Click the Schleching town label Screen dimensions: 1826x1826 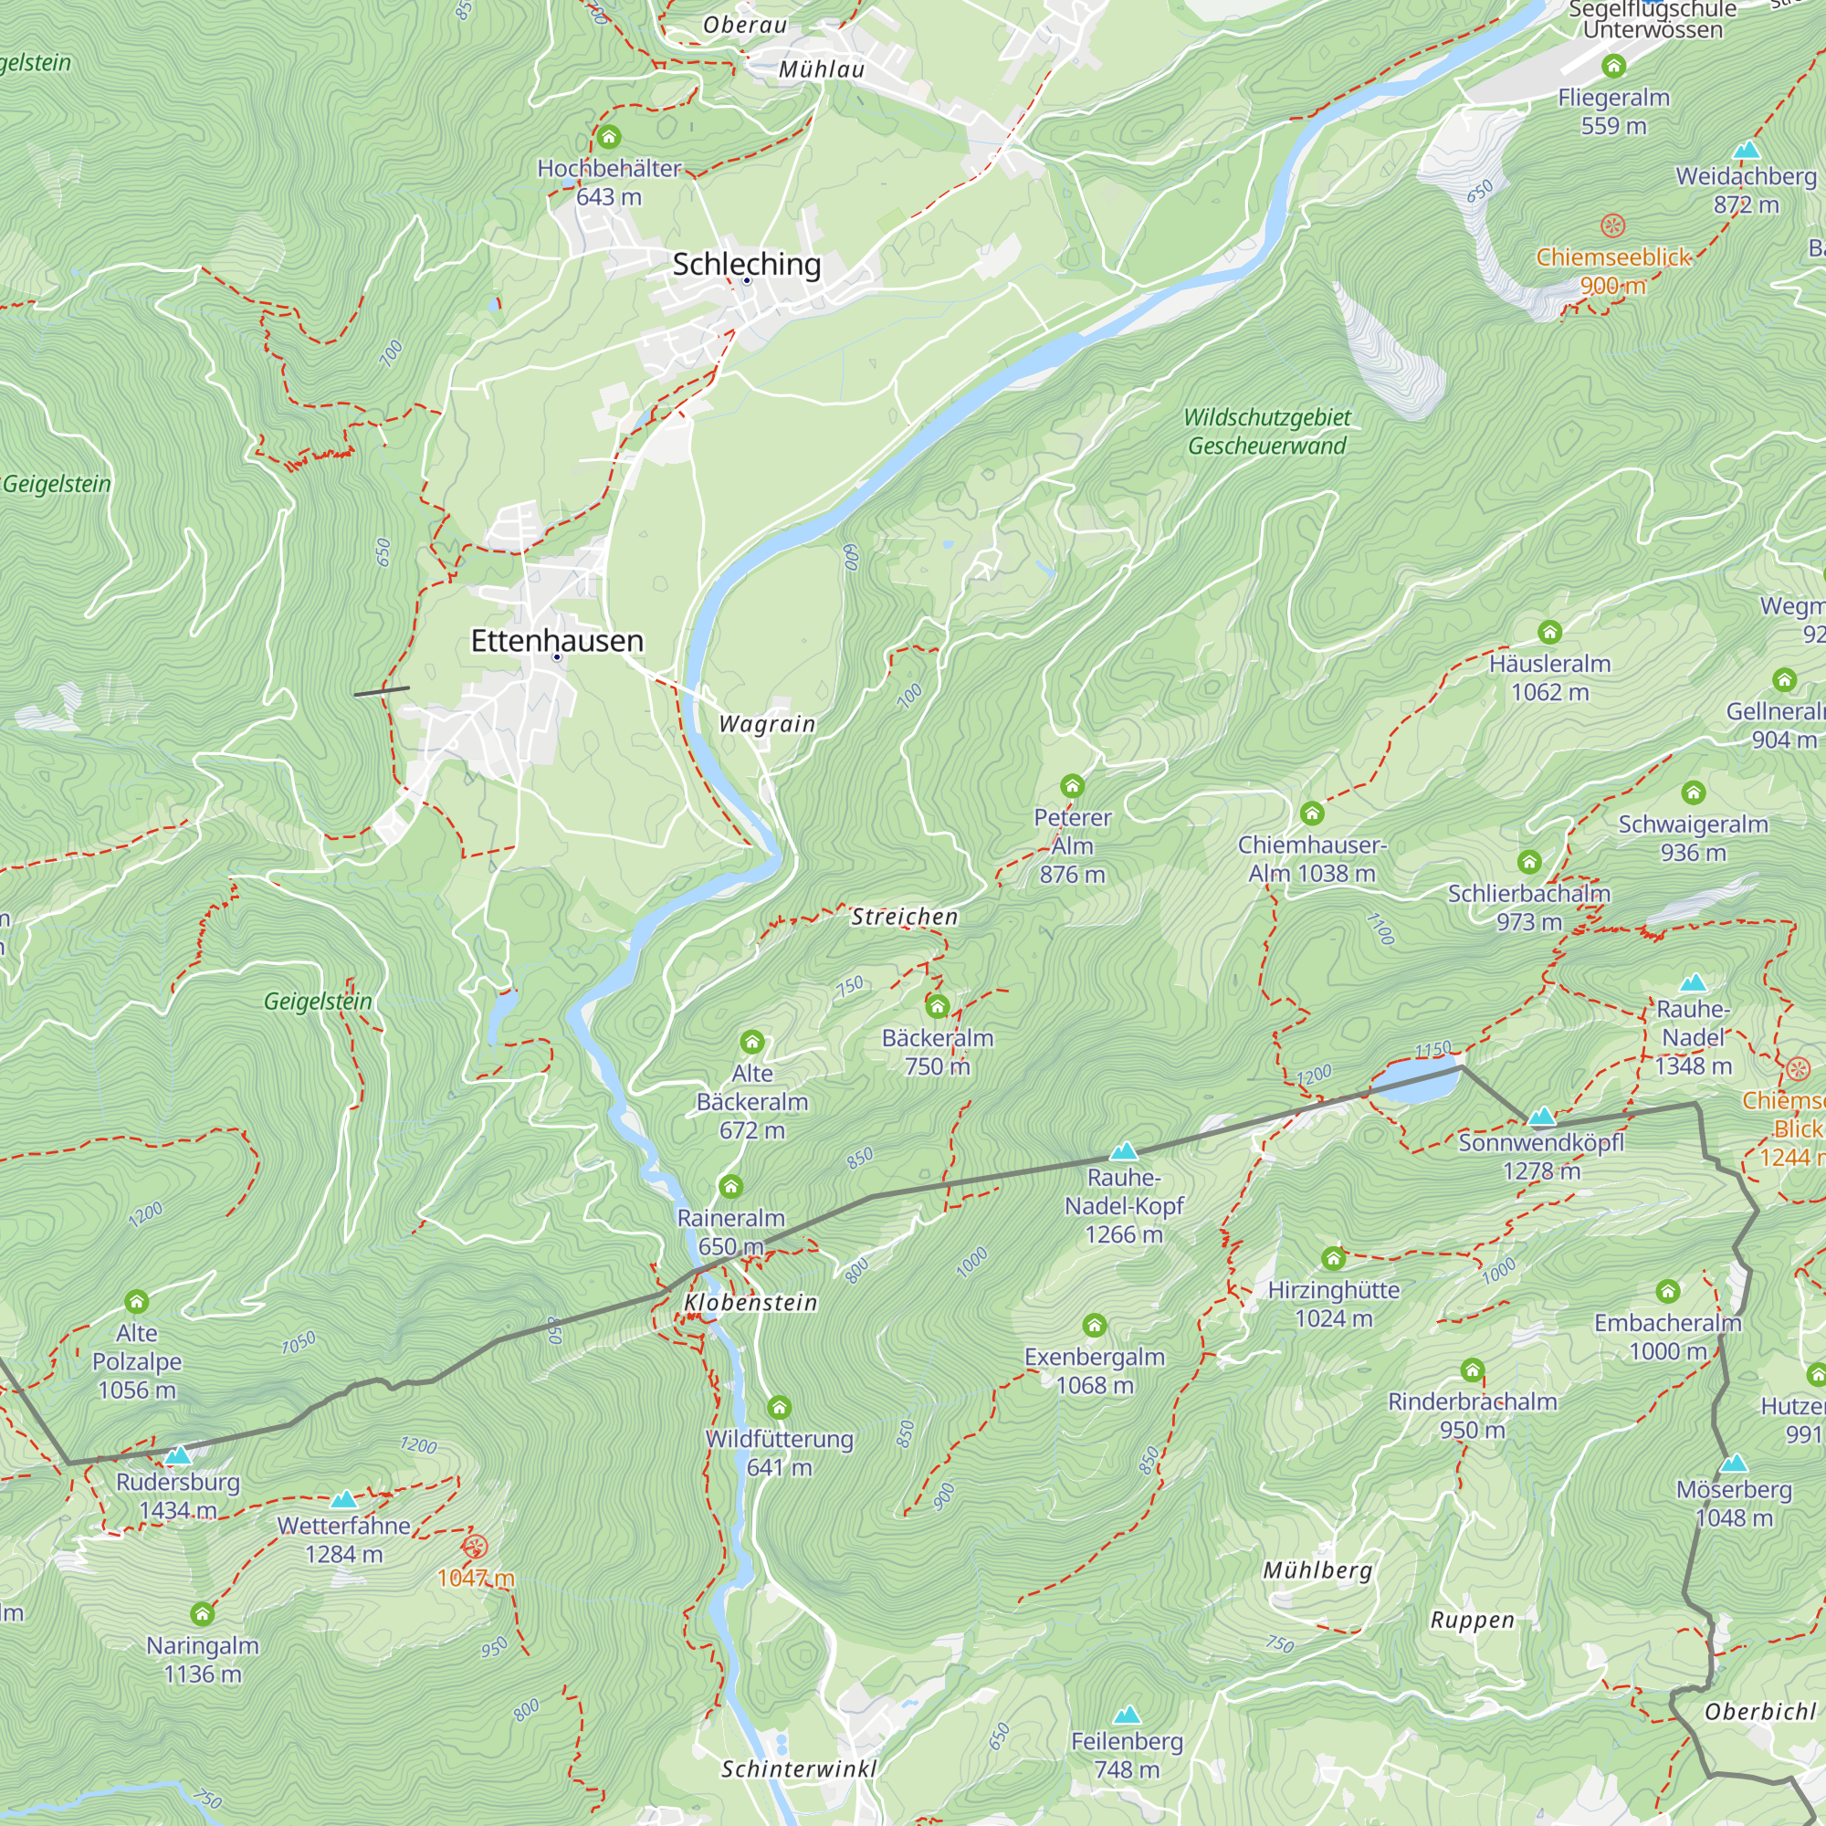point(747,264)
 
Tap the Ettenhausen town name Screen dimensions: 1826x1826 point(557,641)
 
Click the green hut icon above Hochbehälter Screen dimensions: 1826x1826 point(609,138)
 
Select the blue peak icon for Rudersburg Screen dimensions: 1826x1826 point(178,1455)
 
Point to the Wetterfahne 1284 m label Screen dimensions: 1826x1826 point(344,1539)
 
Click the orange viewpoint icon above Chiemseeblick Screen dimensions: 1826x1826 point(1612,226)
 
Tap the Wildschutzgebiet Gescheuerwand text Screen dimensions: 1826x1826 point(1266,431)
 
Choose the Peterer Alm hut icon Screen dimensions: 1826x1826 point(1072,785)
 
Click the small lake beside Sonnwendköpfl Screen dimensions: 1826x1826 point(1415,1083)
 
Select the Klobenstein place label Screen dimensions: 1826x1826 point(750,1303)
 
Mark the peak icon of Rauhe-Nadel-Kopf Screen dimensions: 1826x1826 point(1123,1151)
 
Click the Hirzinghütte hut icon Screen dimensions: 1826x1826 point(1333,1258)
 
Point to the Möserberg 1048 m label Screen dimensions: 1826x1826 point(1734,1504)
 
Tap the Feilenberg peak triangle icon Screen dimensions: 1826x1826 point(1126,1716)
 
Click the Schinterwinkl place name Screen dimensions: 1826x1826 point(799,1769)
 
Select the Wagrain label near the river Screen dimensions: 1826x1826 point(767,724)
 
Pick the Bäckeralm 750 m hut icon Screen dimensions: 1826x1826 point(937,1006)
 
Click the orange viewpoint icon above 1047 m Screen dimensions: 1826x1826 point(475,1548)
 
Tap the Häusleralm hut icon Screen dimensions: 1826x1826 point(1549,632)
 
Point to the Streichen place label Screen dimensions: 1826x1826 point(905,917)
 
